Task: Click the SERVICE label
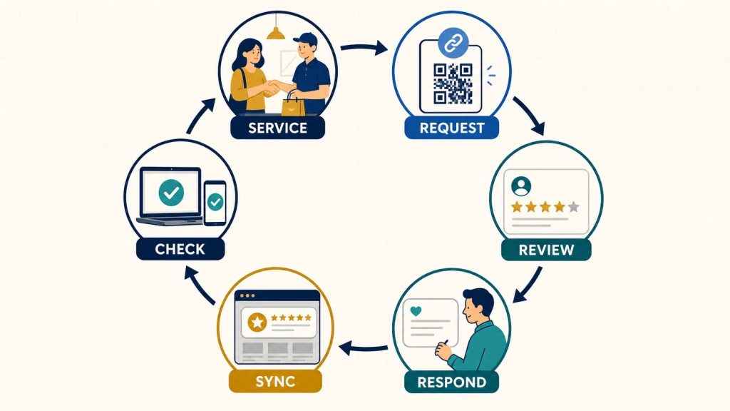click(x=277, y=128)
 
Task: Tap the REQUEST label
click(x=451, y=128)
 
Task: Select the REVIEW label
click(x=546, y=250)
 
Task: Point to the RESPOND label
click(x=451, y=382)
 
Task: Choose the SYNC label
click(x=275, y=381)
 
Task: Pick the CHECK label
click(x=180, y=249)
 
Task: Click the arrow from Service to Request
click(x=364, y=47)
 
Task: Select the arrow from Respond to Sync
click(x=363, y=347)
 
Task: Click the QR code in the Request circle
click(x=453, y=83)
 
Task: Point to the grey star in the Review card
click(x=574, y=206)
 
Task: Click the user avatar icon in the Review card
click(x=521, y=186)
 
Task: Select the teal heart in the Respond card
click(x=416, y=311)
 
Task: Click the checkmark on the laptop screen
click(x=171, y=193)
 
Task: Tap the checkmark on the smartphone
click(x=215, y=202)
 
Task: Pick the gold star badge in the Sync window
click(x=257, y=322)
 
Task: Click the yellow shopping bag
click(x=293, y=105)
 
